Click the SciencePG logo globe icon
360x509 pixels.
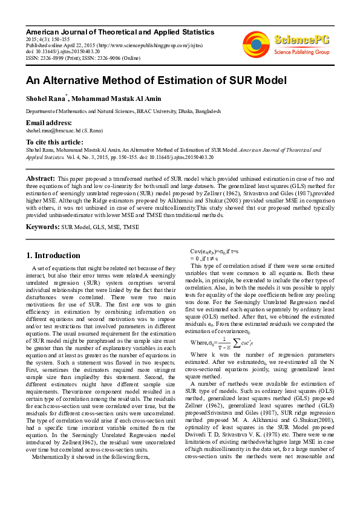(x=256, y=43)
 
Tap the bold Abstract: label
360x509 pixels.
(x=40, y=180)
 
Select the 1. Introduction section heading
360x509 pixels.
(x=53, y=255)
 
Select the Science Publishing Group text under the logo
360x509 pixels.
(x=301, y=53)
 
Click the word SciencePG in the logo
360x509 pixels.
(x=302, y=40)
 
